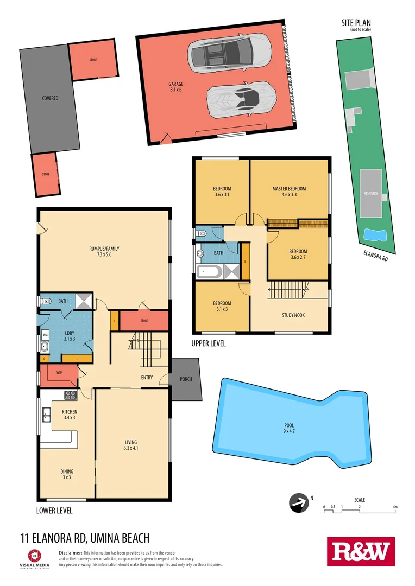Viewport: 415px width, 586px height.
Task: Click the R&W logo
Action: pos(361,552)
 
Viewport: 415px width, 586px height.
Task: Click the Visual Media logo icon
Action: pos(34,556)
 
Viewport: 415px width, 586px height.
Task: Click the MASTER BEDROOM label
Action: pos(289,192)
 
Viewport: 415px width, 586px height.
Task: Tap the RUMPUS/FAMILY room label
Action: pos(104,252)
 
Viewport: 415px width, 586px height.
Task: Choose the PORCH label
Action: pos(186,379)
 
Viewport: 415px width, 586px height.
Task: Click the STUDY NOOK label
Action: pos(293,315)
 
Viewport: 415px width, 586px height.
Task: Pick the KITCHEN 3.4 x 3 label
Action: pos(69,415)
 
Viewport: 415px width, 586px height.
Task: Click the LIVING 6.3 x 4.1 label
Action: pos(134,445)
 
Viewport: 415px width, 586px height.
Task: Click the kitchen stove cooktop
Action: pos(70,395)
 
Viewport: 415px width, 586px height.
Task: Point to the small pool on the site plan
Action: pos(374,235)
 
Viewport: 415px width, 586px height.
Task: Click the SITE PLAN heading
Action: pos(356,23)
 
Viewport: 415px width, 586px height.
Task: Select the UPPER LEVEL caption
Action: pos(209,343)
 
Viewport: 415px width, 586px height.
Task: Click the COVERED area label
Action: pos(50,98)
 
